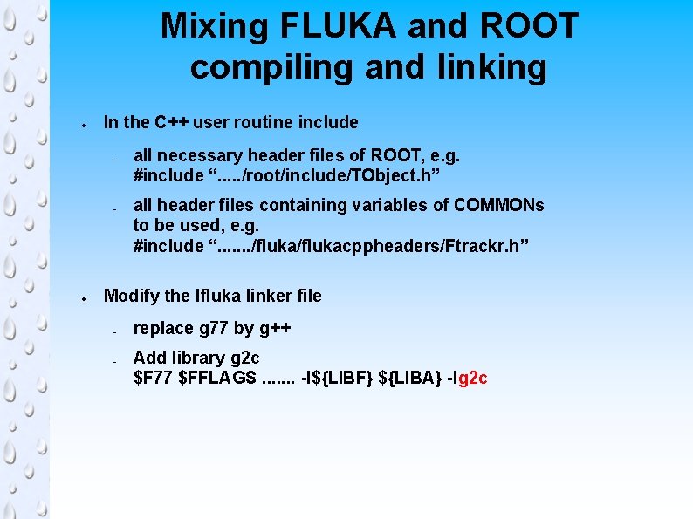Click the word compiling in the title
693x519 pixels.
pos(271,67)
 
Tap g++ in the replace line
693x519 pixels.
pos(275,329)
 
